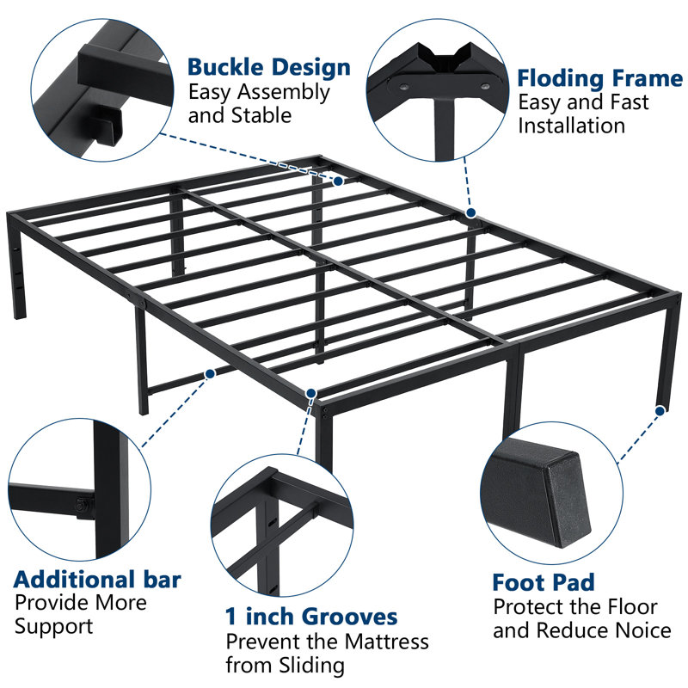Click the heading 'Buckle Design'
tap(268, 67)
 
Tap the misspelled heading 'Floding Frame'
tap(599, 79)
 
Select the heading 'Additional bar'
tap(97, 579)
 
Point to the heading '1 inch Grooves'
tap(311, 616)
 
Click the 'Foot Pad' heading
tap(544, 582)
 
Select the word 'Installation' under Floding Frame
tap(571, 126)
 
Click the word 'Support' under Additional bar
tap(52, 626)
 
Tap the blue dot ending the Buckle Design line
tap(339, 181)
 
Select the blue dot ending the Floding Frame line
tap(470, 212)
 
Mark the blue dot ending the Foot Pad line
tap(659, 412)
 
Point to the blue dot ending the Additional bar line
tap(210, 374)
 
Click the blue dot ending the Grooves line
tap(310, 392)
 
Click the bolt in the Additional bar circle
tap(83, 506)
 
